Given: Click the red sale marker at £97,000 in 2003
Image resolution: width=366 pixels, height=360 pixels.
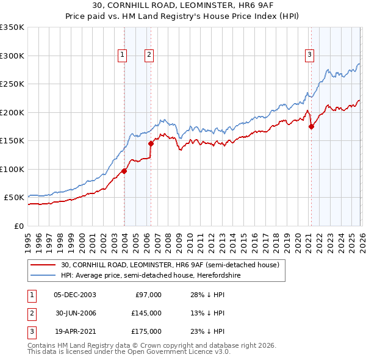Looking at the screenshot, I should click(x=124, y=171).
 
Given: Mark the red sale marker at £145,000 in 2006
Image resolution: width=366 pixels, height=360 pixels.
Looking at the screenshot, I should click(x=151, y=144).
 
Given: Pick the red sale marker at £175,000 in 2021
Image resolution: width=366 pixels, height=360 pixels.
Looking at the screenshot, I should click(x=311, y=127).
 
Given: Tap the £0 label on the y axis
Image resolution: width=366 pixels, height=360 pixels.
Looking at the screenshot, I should click(x=18, y=226).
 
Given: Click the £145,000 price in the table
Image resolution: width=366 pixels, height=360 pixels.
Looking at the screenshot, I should click(x=147, y=313).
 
